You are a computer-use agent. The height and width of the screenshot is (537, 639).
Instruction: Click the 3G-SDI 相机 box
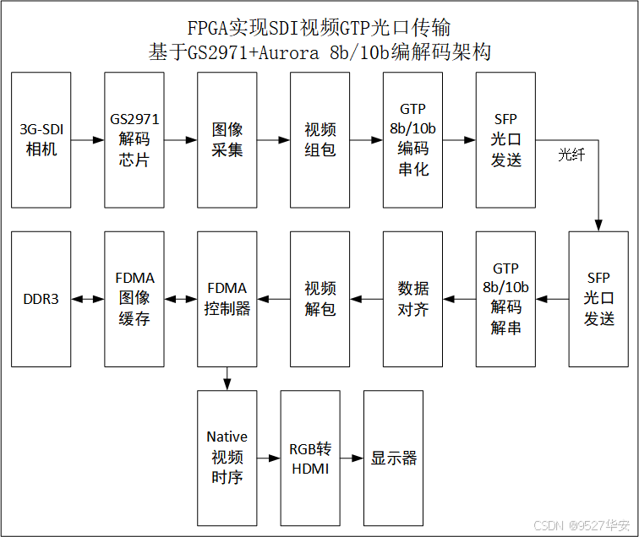pos(41,140)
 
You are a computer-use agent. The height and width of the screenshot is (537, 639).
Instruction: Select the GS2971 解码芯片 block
pos(134,140)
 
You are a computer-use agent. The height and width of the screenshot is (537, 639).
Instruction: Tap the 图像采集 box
pos(227,140)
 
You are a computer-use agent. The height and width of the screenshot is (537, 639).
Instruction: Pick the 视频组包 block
pos(320,140)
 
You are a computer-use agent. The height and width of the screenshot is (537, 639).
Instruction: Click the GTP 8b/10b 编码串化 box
pos(413,140)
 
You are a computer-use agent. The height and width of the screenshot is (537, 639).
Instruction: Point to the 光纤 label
pos(571,155)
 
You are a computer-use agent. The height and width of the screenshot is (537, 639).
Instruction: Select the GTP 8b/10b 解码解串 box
pos(506,300)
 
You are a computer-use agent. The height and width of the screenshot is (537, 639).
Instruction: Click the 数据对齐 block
pos(413,300)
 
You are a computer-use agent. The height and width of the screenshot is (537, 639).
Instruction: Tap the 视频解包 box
pos(320,300)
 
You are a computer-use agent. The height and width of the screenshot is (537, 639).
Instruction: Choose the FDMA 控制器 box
pos(227,300)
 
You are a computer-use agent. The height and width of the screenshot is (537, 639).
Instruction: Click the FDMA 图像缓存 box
pos(134,300)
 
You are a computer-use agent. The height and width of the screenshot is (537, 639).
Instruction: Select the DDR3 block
pos(41,300)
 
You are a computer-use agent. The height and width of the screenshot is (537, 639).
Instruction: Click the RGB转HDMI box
pos(309,458)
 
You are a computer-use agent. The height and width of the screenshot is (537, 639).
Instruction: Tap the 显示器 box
pos(394,458)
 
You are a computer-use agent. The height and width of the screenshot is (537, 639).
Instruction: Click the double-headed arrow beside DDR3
pos(88,300)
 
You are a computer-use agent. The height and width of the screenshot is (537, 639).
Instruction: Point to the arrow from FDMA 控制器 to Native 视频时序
pos(227,379)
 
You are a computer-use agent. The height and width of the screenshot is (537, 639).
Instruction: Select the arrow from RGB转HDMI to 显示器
pos(352,458)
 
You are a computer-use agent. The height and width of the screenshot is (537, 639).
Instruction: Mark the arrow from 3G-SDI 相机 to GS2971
pos(88,140)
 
